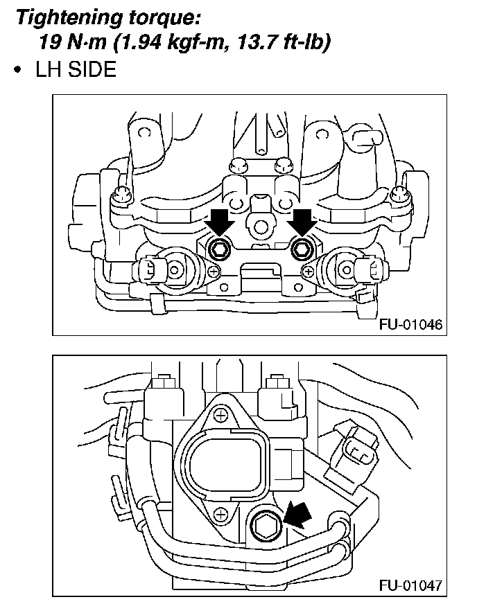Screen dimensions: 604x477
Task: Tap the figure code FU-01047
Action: coord(411,586)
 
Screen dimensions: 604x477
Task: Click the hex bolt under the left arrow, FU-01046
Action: coord(219,248)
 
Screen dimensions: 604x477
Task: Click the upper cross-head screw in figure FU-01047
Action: coord(220,416)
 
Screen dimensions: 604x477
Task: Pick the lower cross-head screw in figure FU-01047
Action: coord(220,513)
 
